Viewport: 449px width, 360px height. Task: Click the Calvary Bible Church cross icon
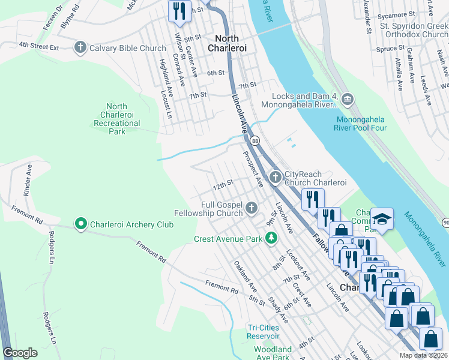[x=80, y=47]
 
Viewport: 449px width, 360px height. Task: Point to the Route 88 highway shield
[x=256, y=140]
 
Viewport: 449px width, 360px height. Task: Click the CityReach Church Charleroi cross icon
[x=276, y=176]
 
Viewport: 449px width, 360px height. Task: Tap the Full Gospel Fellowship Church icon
[x=251, y=208]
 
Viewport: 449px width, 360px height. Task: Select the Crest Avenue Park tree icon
[x=271, y=238]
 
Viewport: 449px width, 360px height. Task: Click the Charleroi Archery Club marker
[x=81, y=224]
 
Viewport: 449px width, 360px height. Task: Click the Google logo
[x=20, y=353]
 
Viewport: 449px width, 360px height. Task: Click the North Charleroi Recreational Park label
[x=117, y=118]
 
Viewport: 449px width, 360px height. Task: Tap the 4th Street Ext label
[x=39, y=45]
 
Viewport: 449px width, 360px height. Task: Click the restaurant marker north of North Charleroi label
[x=178, y=11]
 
